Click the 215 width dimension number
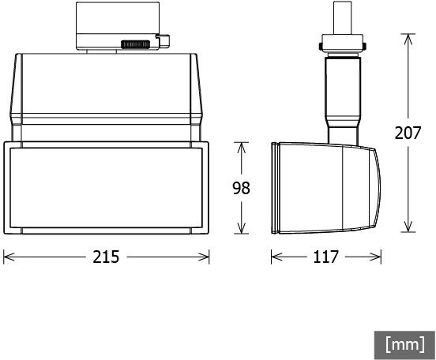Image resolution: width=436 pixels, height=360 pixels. pyautogui.click(x=106, y=257)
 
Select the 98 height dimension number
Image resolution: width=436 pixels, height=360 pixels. pyautogui.click(x=242, y=188)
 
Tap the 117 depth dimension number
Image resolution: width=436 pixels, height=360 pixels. pyautogui.click(x=325, y=257)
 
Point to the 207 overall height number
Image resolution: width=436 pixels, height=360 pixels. pyautogui.click(x=408, y=133)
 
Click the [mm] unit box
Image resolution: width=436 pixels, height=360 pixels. pyautogui.click(x=404, y=345)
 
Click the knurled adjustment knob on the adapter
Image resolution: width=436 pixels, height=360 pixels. pyautogui.click(x=135, y=44)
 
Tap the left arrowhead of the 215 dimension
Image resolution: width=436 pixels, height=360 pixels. pyautogui.click(x=9, y=257)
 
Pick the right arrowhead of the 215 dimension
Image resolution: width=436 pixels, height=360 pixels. pyautogui.click(x=204, y=257)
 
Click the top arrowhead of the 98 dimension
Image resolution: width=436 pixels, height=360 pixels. pyautogui.click(x=242, y=148)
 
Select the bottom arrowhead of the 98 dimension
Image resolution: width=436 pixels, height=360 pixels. pyautogui.click(x=242, y=227)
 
